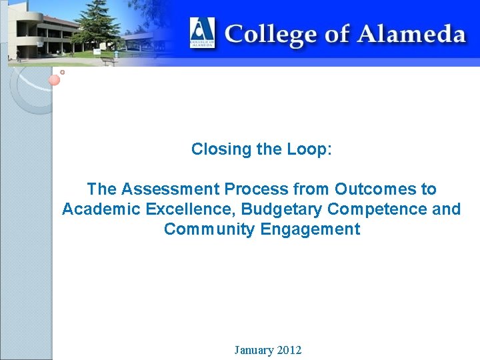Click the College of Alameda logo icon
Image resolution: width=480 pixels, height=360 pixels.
pos(202,32)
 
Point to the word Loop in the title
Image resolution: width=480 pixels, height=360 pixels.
pos(307,149)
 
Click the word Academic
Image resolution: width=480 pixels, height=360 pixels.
pos(97,209)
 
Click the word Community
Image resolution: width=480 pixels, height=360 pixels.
pos(208,230)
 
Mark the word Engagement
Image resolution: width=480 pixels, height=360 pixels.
pos(310,230)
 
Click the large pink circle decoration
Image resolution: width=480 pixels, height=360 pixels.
pos(55,80)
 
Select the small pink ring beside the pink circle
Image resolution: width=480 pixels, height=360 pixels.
pos(62,71)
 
